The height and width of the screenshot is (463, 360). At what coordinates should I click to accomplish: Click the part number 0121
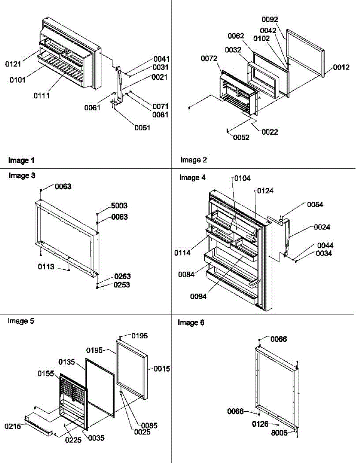[x=13, y=64]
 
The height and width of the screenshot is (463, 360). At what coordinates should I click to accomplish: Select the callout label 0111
[x=42, y=96]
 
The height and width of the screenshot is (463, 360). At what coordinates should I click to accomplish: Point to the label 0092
[x=270, y=20]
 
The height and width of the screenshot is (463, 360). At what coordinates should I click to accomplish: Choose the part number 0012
[x=342, y=68]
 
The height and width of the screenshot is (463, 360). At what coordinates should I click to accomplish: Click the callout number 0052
[x=241, y=138]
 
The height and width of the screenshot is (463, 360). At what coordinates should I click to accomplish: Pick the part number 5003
[x=119, y=206]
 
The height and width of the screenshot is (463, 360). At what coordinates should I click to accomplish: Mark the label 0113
[x=46, y=266]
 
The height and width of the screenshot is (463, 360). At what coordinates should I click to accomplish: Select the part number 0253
[x=122, y=285]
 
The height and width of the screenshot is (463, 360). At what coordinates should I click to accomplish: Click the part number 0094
[x=198, y=296]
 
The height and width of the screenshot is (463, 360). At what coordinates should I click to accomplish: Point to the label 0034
[x=325, y=253]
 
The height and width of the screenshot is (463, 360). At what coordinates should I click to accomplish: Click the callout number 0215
[x=12, y=426]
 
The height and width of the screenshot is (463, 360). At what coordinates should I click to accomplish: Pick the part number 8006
[x=279, y=433]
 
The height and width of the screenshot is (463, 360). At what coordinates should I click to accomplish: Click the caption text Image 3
[x=22, y=176]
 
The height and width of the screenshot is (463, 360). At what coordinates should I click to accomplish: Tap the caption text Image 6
[x=191, y=323]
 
